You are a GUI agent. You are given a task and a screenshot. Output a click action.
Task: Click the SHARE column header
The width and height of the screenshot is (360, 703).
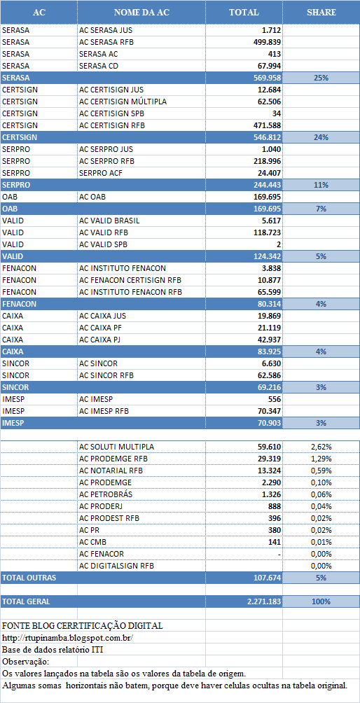(321, 13)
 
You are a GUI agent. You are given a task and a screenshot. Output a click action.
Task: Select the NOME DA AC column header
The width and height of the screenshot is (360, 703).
(141, 13)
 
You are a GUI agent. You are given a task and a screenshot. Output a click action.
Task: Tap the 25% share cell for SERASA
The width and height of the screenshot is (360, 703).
(321, 78)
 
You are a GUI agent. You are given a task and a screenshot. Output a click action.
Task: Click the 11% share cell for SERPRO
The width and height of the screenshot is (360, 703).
(321, 184)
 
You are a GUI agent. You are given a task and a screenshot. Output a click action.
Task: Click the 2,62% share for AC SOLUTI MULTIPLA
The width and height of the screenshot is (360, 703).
(321, 447)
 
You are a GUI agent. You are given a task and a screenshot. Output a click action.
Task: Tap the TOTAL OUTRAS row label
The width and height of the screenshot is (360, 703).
(29, 578)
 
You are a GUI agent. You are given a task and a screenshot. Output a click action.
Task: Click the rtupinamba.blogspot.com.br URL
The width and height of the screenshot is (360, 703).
(68, 637)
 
